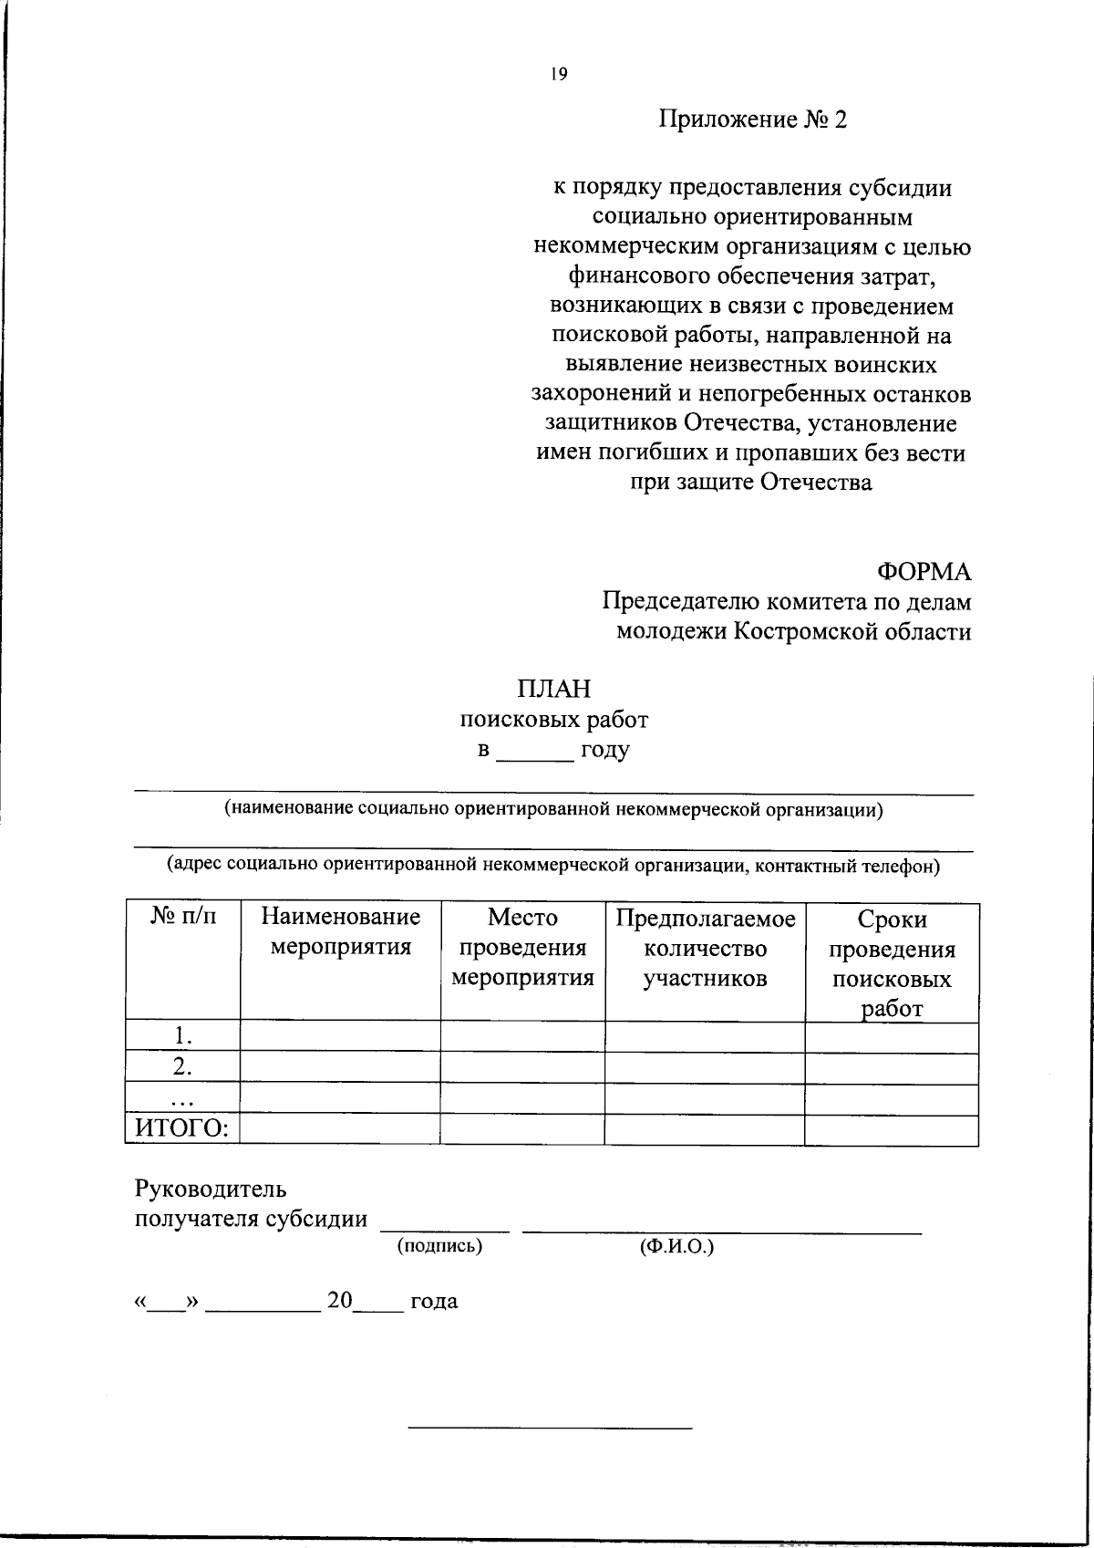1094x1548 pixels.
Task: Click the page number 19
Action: click(558, 76)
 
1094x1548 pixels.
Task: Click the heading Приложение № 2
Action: click(753, 119)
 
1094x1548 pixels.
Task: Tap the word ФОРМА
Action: click(924, 572)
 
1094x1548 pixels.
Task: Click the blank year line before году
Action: click(535, 753)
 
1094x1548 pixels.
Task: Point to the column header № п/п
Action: click(182, 917)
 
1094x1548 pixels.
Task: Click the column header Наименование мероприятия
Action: click(340, 931)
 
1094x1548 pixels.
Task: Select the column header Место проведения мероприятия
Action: click(522, 947)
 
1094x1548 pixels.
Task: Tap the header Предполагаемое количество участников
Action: click(705, 948)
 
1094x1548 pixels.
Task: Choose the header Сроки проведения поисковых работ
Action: click(892, 963)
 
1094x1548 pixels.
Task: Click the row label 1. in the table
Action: click(183, 1035)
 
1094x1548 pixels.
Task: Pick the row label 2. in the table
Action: click(183, 1066)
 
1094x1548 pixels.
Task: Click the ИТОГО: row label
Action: click(182, 1129)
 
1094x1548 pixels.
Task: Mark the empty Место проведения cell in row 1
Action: click(522, 1035)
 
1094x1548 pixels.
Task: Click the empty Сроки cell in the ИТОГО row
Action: click(892, 1129)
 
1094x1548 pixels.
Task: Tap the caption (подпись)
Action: click(439, 1245)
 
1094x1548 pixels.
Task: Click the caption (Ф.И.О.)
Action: click(676, 1245)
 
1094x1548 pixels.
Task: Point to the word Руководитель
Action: click(211, 1189)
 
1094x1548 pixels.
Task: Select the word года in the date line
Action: click(434, 1302)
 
